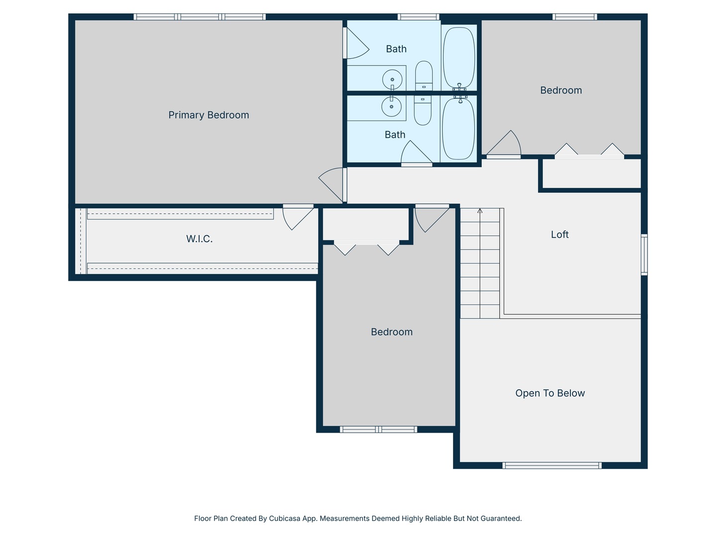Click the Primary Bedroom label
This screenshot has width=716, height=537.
208,115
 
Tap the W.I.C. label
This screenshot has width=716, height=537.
199,239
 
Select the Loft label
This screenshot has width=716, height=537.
560,234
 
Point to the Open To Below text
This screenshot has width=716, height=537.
550,393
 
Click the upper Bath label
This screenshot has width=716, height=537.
396,49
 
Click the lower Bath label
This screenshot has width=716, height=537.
395,135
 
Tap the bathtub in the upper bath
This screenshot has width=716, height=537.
459,58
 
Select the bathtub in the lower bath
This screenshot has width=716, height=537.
458,128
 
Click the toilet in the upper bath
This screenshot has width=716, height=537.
424,76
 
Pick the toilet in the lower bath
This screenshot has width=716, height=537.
423,110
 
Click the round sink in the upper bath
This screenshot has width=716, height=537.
392,79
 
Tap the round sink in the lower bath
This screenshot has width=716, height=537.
391,106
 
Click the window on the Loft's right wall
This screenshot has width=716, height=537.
644,255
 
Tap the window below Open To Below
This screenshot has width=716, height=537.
552,465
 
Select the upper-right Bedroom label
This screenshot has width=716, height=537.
561,90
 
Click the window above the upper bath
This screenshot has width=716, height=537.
418,17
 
